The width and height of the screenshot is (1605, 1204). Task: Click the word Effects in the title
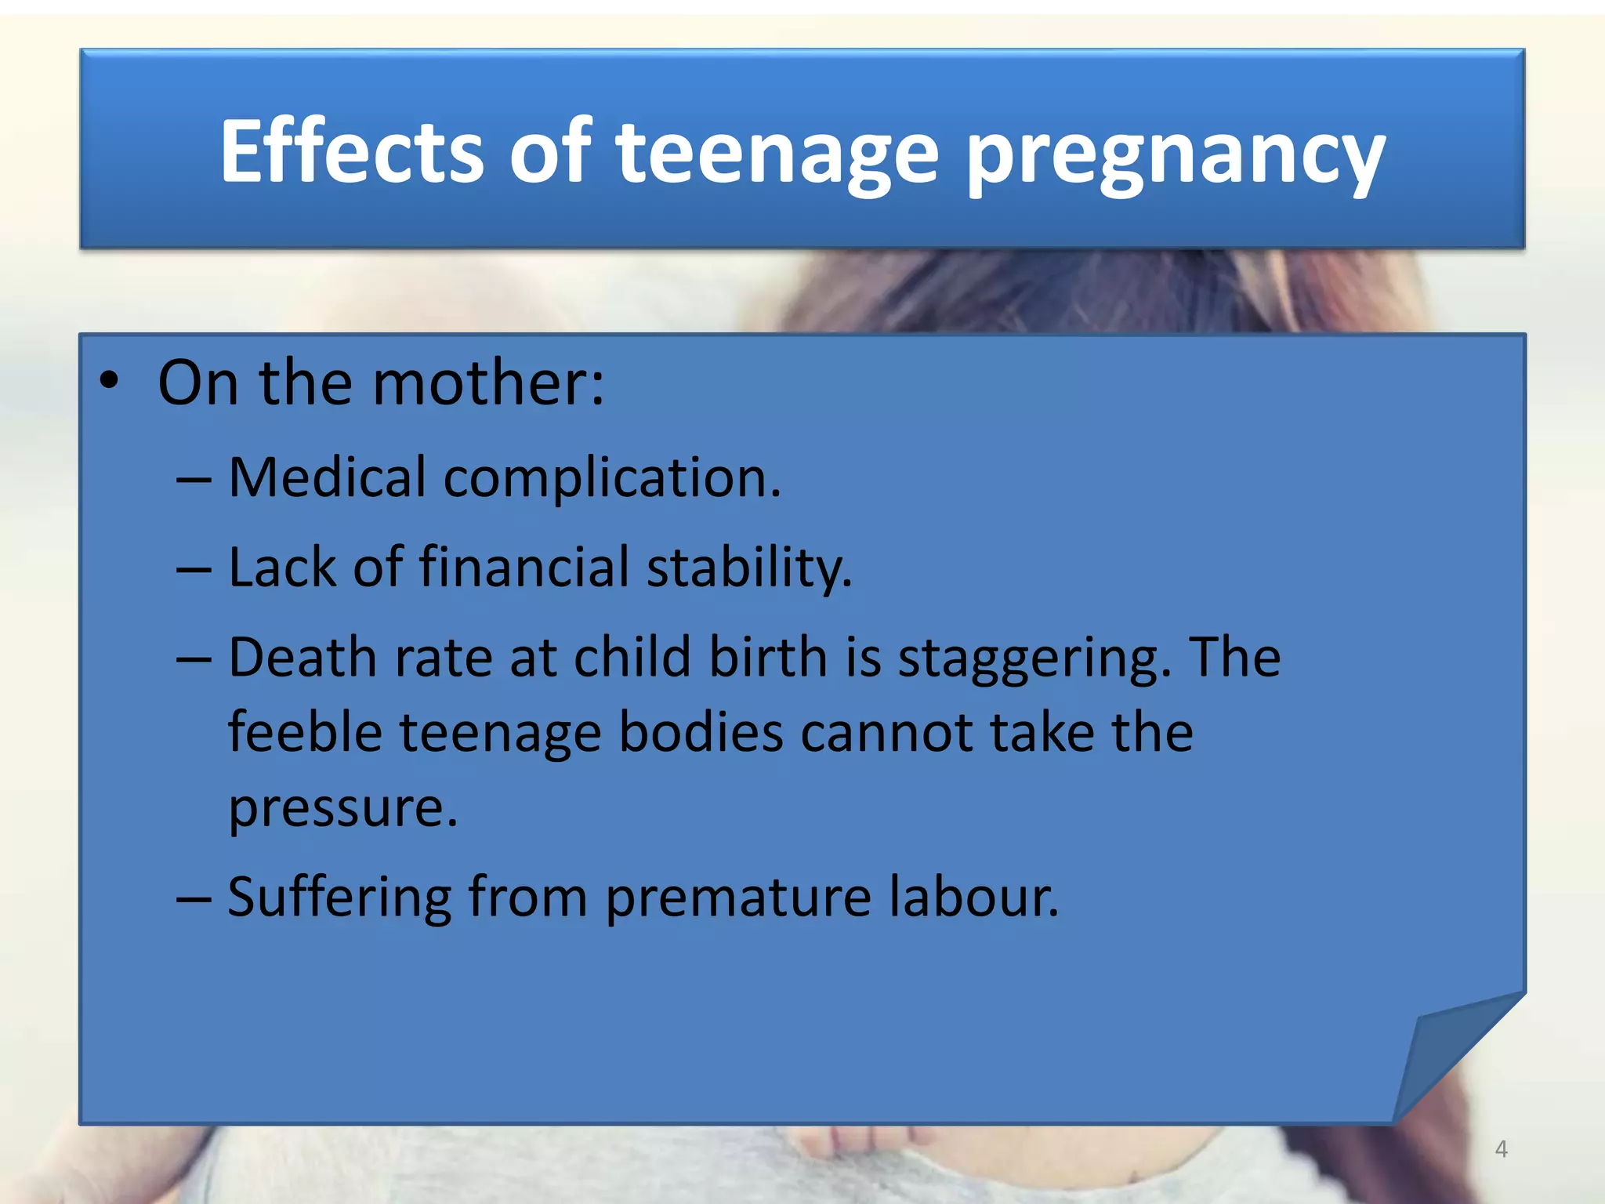(x=352, y=150)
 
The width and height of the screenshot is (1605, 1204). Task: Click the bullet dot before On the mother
(x=109, y=382)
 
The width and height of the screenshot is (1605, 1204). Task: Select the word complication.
(x=612, y=478)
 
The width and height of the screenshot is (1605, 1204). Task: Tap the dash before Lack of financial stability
(x=194, y=568)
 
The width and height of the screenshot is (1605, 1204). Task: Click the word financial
(x=524, y=566)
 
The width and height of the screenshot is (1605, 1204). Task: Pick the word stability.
(x=748, y=568)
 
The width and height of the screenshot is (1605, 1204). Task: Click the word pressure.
(x=342, y=809)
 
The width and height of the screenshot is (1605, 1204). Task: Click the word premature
(x=737, y=898)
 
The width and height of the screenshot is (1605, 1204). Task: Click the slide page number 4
(x=1501, y=1149)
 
